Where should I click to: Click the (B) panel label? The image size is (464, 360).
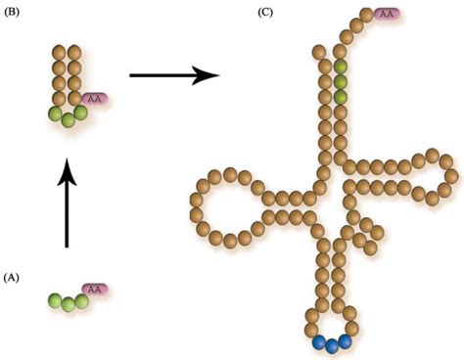[x=15, y=15]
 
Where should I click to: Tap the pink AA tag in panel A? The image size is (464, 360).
[x=95, y=290]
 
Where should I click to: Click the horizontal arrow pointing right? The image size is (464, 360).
[x=172, y=74]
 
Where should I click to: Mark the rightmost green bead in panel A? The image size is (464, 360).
[x=84, y=297]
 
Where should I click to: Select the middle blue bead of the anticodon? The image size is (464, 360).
[x=332, y=345]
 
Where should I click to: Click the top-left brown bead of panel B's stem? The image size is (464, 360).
[x=59, y=51]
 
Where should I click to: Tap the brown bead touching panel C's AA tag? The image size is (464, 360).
[x=367, y=17]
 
